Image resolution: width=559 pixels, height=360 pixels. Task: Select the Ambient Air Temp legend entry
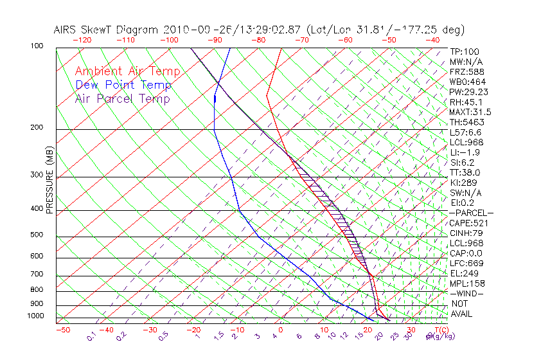127,71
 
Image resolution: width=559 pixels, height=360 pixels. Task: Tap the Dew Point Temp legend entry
123,85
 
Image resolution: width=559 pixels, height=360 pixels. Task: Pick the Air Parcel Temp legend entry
122,98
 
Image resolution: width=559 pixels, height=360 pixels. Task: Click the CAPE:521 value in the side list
466,223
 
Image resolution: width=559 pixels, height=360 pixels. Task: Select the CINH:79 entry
465,233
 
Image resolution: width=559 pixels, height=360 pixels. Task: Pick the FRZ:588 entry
464,71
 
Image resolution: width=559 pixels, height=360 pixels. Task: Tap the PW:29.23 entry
468,92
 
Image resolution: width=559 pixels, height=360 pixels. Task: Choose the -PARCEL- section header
471,213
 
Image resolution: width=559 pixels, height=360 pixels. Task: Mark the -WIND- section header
466,293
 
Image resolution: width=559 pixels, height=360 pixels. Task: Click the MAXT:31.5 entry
470,112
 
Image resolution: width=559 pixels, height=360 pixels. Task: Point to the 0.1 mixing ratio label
91,336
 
